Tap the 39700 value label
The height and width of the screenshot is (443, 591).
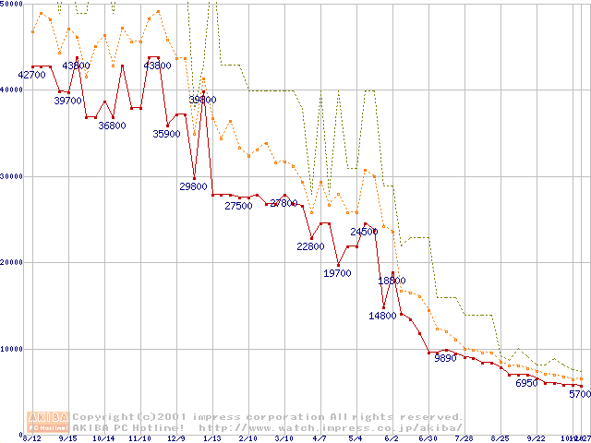pos(68,101)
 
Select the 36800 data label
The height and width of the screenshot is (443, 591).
pos(112,126)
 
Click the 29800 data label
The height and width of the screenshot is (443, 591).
pos(193,186)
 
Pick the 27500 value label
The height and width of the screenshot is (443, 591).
pos(238,206)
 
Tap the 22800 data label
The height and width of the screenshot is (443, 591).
pos(310,246)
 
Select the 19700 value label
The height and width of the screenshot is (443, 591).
pos(337,273)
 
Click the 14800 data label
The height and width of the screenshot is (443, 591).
pos(382,316)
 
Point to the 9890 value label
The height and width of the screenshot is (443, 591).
pos(445,359)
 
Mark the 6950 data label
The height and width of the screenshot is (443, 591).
pos(525,383)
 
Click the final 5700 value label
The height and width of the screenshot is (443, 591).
pos(579,394)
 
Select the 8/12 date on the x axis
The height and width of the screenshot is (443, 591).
pos(31,438)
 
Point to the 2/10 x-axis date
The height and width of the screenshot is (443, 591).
pos(247,438)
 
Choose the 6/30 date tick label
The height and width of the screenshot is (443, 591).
pos(428,438)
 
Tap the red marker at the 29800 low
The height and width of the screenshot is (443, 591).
pos(194,177)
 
